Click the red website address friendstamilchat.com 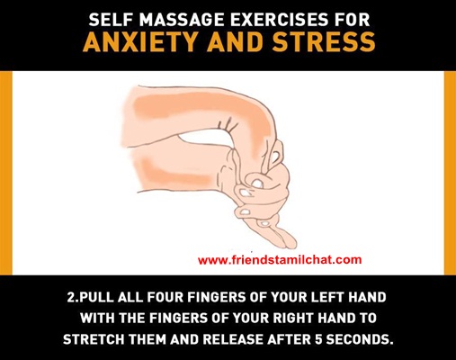(280, 259)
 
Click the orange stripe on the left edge (6, 173)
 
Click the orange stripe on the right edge (450, 173)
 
